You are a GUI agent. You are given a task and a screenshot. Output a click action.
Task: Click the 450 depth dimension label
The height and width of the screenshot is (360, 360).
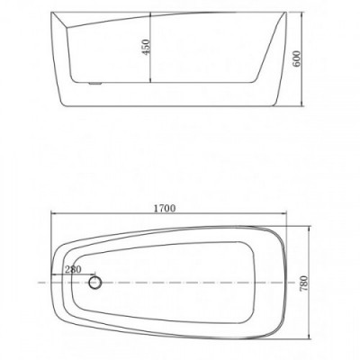click(146, 47)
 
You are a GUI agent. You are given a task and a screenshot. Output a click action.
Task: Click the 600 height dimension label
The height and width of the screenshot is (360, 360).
click(296, 59)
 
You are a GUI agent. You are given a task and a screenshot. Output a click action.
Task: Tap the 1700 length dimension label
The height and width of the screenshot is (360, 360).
click(165, 208)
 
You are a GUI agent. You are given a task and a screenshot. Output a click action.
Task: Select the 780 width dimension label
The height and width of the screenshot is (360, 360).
click(304, 283)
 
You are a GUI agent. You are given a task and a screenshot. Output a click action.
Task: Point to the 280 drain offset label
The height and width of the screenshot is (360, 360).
click(73, 269)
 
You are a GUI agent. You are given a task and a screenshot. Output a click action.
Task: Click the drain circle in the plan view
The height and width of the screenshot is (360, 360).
click(95, 283)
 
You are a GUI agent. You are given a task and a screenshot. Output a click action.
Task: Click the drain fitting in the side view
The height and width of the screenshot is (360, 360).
click(95, 83)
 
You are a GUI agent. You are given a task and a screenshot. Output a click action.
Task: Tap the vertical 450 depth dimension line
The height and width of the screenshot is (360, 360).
click(150, 47)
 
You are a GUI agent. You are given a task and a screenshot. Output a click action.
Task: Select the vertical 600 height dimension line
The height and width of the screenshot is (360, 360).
click(302, 59)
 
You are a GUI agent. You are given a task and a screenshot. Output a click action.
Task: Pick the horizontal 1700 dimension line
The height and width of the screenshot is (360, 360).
click(169, 213)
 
